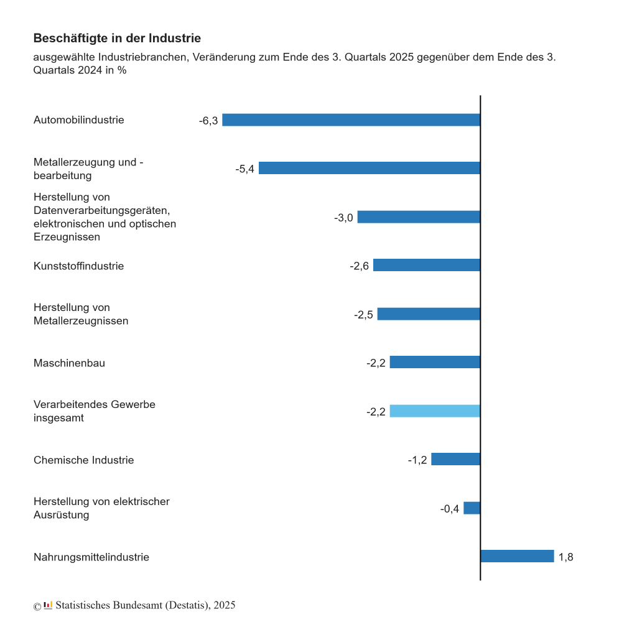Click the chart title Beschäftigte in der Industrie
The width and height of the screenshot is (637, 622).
pyautogui.click(x=117, y=39)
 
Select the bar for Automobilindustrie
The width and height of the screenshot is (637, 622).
pyautogui.click(x=351, y=120)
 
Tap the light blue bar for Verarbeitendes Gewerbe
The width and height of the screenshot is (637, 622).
pyautogui.click(x=435, y=411)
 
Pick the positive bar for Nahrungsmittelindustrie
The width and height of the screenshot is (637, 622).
pyautogui.click(x=517, y=556)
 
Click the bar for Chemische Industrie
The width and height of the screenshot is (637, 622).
pyautogui.click(x=455, y=459)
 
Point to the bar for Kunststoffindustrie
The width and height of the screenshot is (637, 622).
pyautogui.click(x=427, y=266)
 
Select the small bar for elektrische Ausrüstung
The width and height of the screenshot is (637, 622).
pyautogui.click(x=472, y=508)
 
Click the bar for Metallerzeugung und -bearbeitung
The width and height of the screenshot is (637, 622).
pyautogui.click(x=370, y=169)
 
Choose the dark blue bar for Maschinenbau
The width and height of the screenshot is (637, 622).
pyautogui.click(x=435, y=362)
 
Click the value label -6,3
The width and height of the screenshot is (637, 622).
pyautogui.click(x=208, y=121)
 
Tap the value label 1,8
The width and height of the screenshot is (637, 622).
pyautogui.click(x=565, y=557)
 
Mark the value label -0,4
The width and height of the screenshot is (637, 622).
pyautogui.click(x=450, y=509)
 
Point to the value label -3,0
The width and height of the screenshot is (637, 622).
pyautogui.click(x=343, y=218)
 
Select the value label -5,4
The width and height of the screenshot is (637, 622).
pyautogui.click(x=244, y=169)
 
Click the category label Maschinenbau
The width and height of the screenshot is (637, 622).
pyautogui.click(x=69, y=363)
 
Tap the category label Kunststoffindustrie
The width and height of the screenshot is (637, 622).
pyautogui.click(x=78, y=266)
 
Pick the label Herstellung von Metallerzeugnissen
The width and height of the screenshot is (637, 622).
pyautogui.click(x=81, y=314)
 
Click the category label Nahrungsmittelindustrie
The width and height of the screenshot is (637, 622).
pyautogui.click(x=91, y=557)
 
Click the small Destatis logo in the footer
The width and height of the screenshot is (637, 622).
pyautogui.click(x=48, y=605)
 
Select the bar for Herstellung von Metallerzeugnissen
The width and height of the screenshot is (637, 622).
pyautogui.click(x=429, y=314)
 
